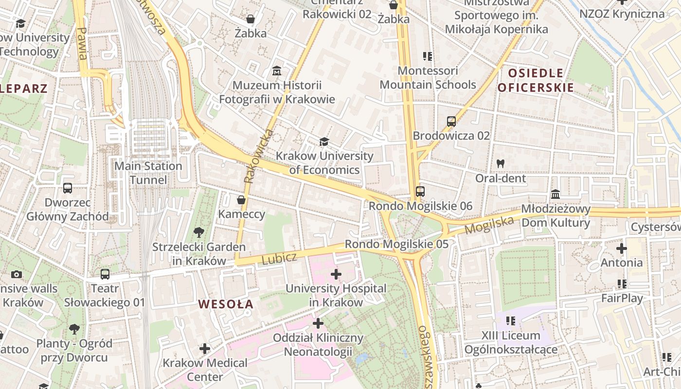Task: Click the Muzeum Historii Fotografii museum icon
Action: (277, 71)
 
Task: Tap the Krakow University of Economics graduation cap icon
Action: (323, 141)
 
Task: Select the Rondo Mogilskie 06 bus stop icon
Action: (420, 192)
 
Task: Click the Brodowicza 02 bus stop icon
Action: (451, 121)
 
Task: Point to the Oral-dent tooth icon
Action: (501, 164)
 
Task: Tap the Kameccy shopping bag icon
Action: (241, 200)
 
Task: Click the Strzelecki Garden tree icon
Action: (198, 232)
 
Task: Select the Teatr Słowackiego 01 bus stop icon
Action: (105, 274)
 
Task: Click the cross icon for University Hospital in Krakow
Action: (336, 274)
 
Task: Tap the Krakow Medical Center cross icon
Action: (205, 349)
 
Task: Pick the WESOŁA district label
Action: (226, 304)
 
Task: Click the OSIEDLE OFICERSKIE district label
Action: (536, 81)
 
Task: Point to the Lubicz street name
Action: (279, 259)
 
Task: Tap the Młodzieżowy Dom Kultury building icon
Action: (556, 195)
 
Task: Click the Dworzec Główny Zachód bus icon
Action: (68, 188)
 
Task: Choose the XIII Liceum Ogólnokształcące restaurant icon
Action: (511, 321)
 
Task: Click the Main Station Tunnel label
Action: (148, 173)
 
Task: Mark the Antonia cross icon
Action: (621, 248)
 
